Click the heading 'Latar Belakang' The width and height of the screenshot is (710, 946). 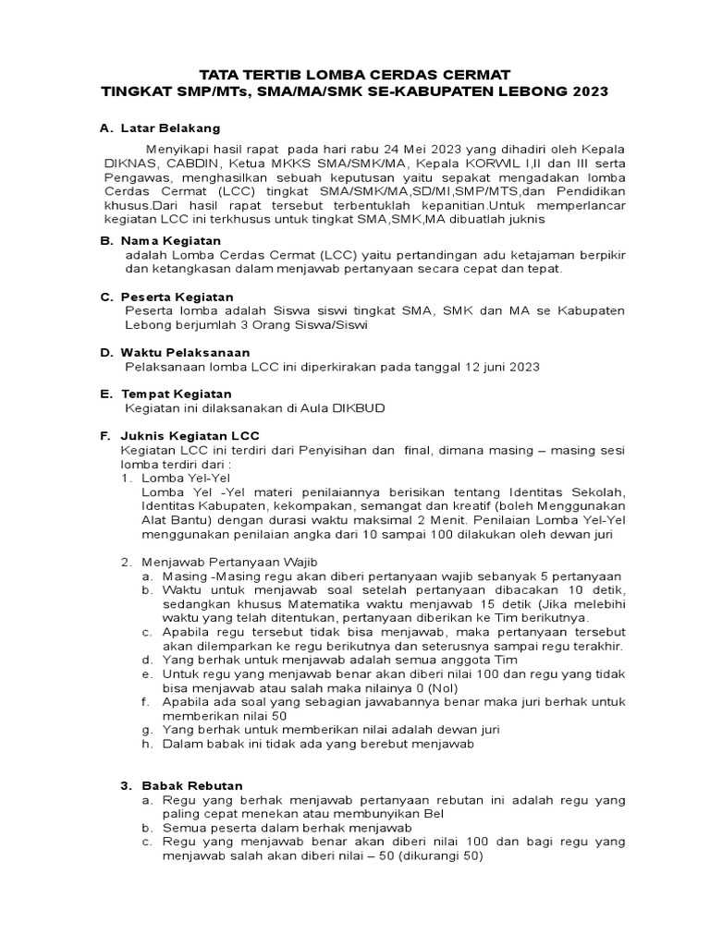[170, 128]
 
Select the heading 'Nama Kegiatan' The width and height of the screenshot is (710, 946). [170, 240]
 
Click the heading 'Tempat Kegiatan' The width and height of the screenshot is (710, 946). [176, 394]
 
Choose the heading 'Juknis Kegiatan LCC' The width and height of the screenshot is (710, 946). [190, 435]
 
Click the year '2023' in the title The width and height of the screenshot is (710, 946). [591, 93]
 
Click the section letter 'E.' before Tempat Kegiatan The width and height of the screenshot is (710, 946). [105, 394]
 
